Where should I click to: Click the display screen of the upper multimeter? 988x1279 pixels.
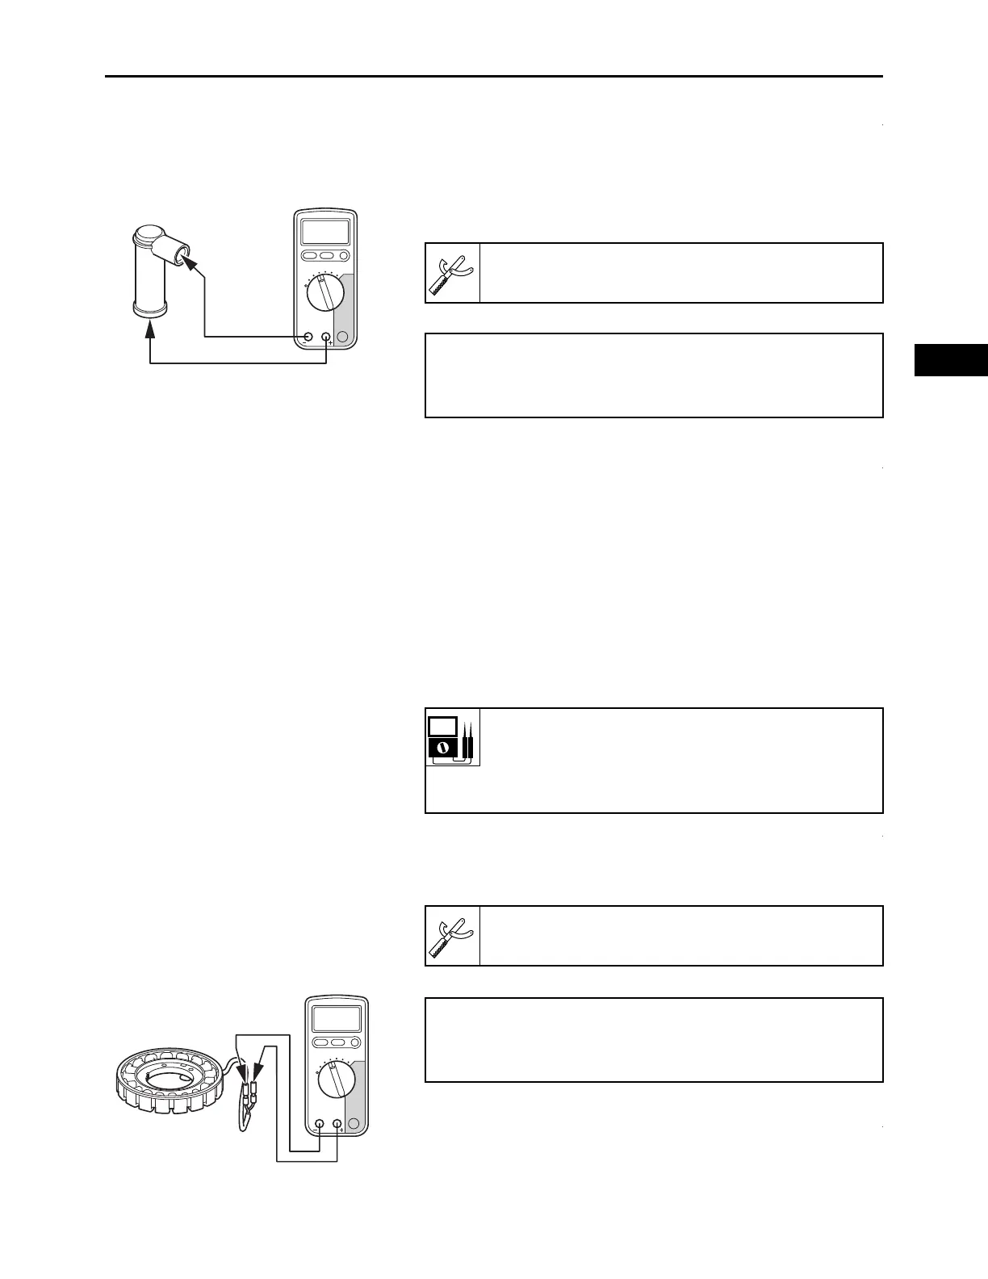coord(325,232)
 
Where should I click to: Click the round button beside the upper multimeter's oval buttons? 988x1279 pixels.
coord(344,256)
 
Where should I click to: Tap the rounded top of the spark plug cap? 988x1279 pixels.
coord(149,236)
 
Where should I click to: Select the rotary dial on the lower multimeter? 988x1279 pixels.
coord(336,1080)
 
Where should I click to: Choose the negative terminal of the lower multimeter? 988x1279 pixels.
coord(320,1124)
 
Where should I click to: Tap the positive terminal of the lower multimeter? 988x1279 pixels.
coord(337,1124)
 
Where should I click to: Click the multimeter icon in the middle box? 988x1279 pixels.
coord(453,737)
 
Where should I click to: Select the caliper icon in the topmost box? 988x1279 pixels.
coord(453,273)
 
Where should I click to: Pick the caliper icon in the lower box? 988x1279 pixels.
coord(453,936)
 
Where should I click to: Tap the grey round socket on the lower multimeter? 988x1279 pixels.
coord(355,1124)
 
